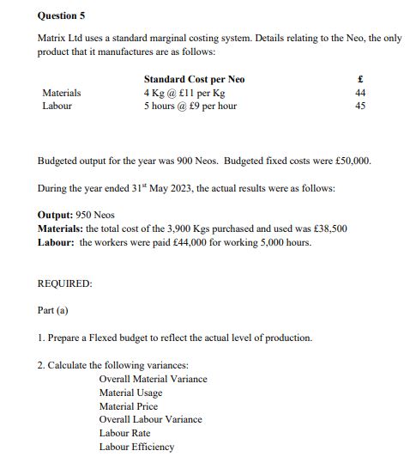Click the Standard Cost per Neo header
coord(194,79)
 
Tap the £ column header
coord(360,79)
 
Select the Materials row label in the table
coord(62,93)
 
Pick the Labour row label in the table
coord(57,106)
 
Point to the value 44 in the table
coord(360,93)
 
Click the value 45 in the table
coord(360,106)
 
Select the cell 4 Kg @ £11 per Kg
coord(184,93)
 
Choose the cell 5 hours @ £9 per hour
coord(190,106)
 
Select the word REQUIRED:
coord(65,283)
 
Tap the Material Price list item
coord(129,406)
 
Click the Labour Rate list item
coord(124,433)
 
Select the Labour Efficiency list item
coord(136,447)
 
